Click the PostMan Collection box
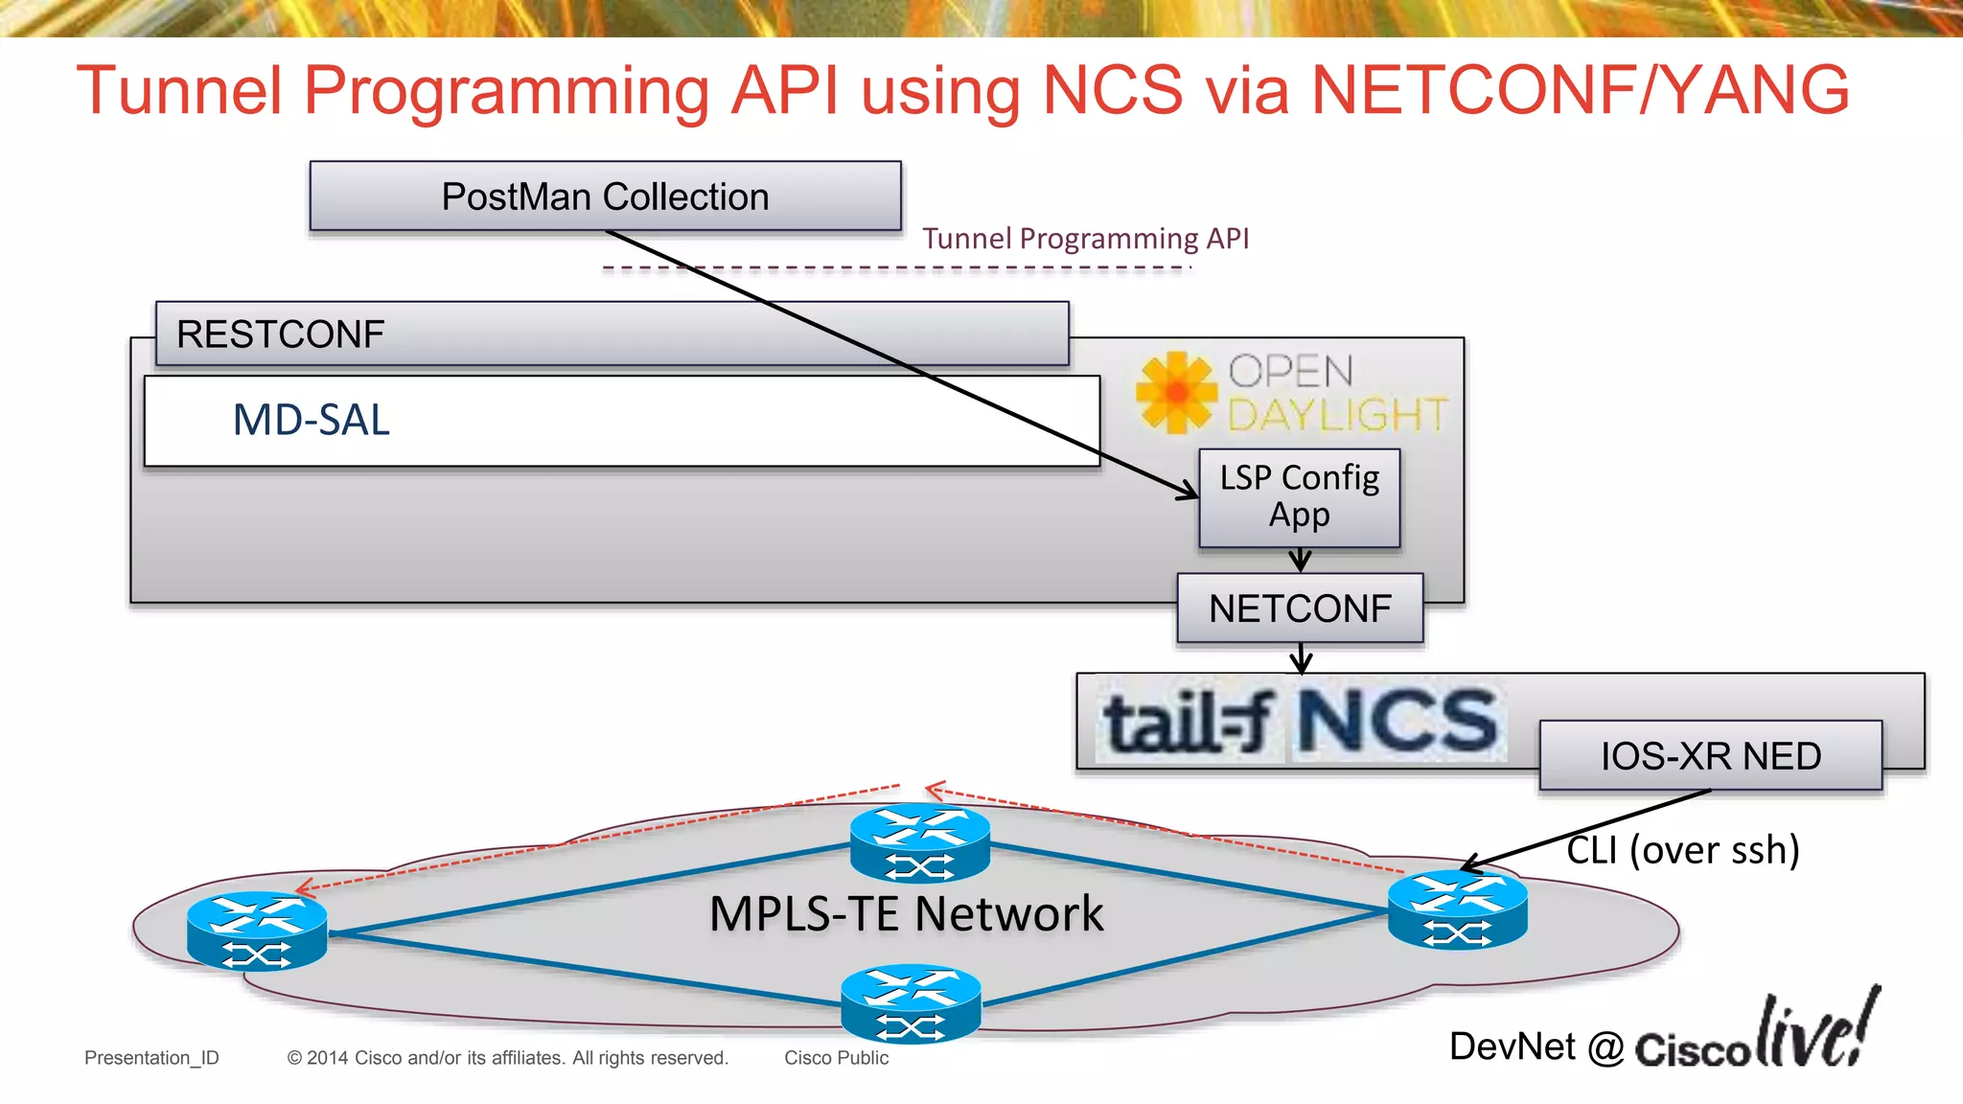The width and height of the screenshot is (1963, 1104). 605,196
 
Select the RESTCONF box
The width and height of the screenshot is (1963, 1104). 612,333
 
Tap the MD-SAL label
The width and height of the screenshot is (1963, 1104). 312,420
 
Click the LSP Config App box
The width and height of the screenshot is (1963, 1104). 1299,497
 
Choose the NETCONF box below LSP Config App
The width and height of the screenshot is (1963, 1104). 1300,609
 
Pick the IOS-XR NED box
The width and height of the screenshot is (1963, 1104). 1710,756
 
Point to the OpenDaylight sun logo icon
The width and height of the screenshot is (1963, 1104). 1176,392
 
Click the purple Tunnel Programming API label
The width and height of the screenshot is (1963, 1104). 1085,239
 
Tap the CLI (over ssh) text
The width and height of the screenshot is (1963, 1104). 1682,850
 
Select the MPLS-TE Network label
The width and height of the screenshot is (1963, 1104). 906,913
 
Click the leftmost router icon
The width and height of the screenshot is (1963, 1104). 257,931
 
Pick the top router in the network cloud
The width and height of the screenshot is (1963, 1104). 919,842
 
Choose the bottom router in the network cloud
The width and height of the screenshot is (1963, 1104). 911,1003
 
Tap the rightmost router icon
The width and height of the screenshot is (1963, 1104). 1457,909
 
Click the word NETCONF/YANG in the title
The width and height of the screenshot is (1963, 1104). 1580,90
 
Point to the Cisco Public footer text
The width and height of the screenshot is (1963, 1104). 836,1058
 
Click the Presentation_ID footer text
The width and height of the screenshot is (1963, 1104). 151,1058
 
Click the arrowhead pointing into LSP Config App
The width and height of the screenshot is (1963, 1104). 1189,493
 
